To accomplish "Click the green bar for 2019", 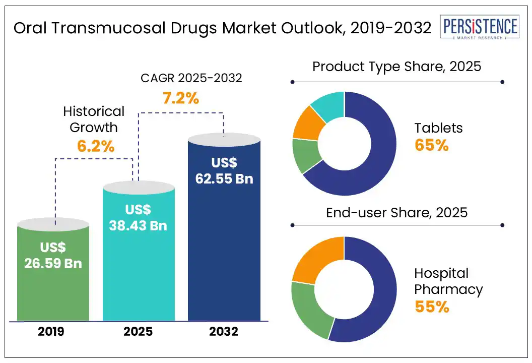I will (53, 292).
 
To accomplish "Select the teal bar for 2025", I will (139, 282).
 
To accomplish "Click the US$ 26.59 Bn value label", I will (53, 255).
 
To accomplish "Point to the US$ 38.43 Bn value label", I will (138, 217).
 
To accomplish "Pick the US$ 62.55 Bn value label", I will (224, 170).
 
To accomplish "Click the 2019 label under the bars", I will (52, 332).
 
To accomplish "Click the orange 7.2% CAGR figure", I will (180, 98).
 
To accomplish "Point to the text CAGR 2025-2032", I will (190, 78).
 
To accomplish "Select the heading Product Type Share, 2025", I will (397, 67).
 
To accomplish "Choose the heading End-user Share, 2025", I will (397, 212).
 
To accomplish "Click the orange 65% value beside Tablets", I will (431, 145).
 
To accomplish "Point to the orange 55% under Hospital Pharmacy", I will (432, 307).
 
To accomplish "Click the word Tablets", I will (438, 128).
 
